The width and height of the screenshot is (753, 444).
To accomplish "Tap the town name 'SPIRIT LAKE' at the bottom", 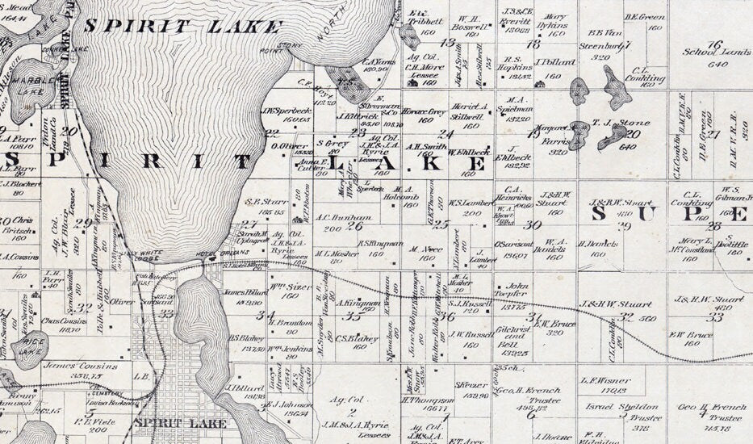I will coord(168,422).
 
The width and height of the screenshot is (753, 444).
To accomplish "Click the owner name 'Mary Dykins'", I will coord(555,20).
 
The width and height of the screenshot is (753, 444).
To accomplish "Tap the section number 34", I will coord(265,315).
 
